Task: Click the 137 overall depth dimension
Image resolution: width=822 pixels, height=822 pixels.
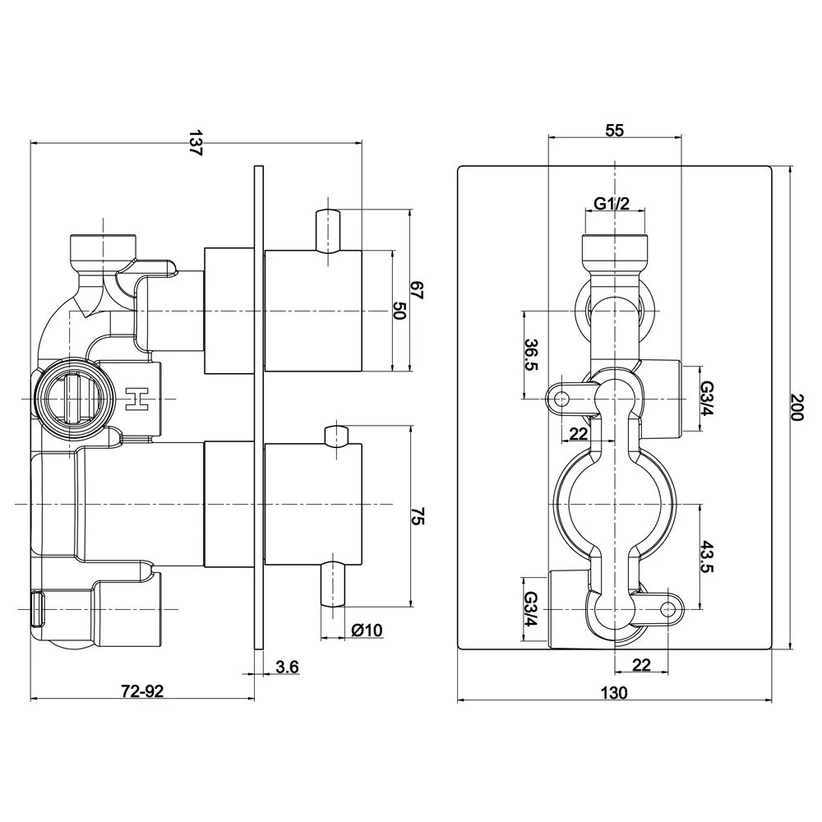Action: (195, 142)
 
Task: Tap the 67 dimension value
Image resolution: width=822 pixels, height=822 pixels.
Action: (418, 290)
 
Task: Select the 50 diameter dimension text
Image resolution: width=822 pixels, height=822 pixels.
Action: (399, 311)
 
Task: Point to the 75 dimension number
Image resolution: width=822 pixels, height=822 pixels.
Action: (418, 517)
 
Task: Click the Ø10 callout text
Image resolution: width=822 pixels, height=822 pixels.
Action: (367, 630)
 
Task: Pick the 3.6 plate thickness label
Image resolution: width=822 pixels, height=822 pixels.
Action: (287, 667)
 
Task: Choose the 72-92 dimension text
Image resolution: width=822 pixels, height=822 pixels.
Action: (143, 691)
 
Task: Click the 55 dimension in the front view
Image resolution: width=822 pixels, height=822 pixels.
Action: (614, 130)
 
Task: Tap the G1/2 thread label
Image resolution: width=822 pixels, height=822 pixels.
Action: (612, 204)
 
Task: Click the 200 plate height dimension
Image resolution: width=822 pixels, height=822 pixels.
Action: (795, 407)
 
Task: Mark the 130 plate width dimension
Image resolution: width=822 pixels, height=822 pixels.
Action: (614, 693)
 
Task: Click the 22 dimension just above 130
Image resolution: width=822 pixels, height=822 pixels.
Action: (642, 665)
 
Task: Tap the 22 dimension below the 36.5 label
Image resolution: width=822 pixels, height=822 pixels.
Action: (579, 434)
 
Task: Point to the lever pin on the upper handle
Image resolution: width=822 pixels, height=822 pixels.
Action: (327, 231)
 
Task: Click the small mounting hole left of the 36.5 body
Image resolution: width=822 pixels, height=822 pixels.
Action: (562, 399)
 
